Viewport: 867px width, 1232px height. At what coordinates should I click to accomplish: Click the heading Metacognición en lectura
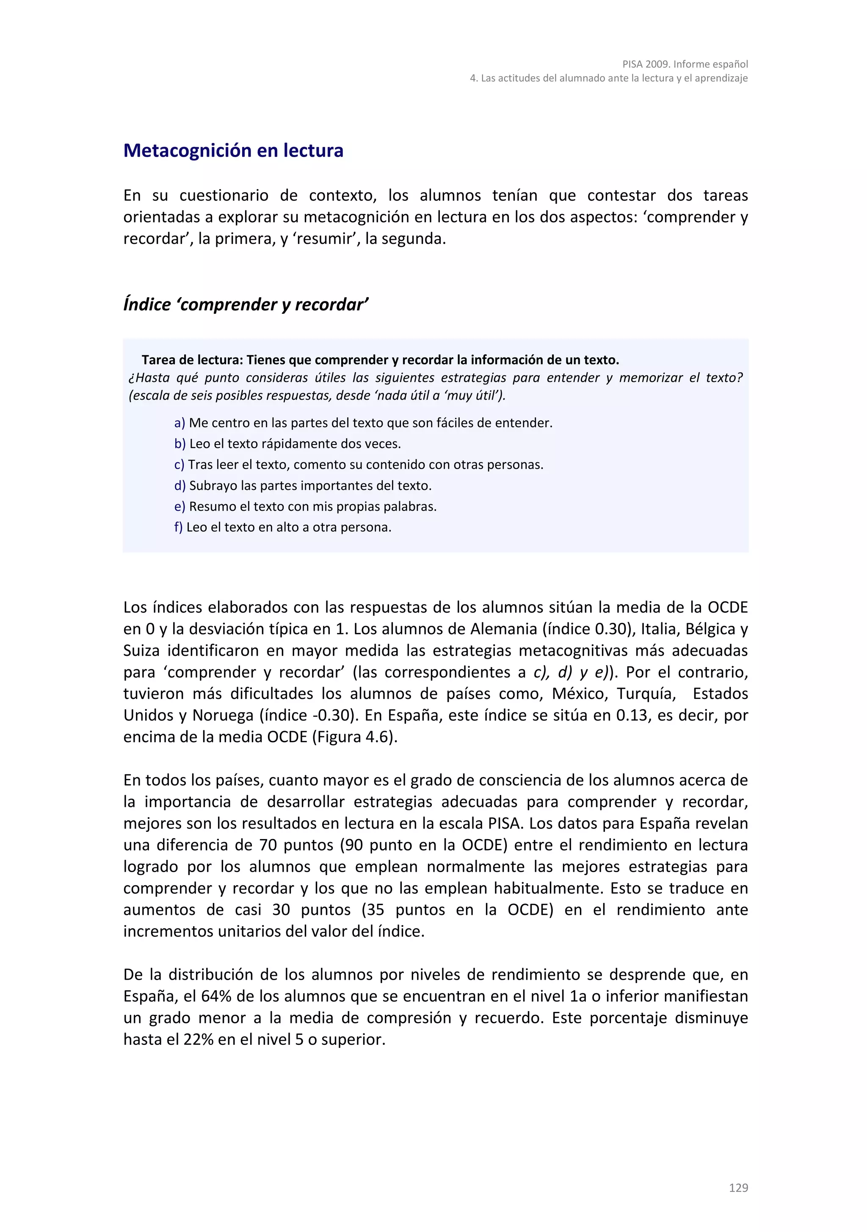(x=233, y=151)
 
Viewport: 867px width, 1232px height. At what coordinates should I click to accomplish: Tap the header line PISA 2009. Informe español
(x=685, y=64)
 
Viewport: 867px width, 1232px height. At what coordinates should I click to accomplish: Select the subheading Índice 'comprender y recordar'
(x=245, y=304)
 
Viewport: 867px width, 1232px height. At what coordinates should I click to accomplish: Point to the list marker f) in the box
(x=178, y=527)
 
